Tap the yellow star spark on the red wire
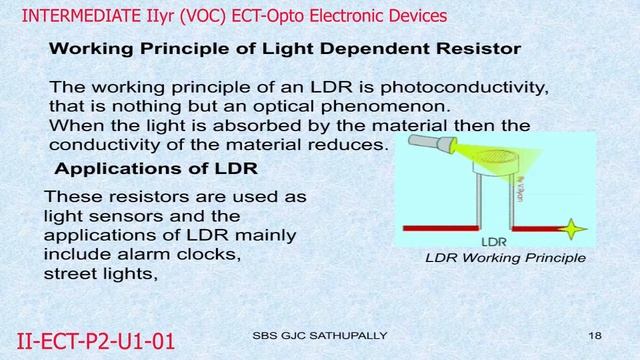click(573, 229)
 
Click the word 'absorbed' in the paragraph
click(230, 125)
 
